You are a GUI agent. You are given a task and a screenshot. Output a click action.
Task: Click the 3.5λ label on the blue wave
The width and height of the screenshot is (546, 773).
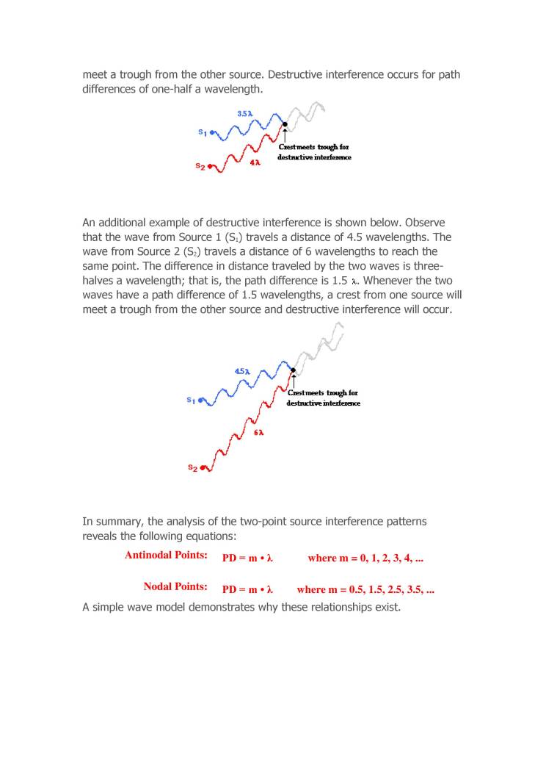(x=245, y=114)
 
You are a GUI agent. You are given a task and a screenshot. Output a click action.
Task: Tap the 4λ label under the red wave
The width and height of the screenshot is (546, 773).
(x=255, y=162)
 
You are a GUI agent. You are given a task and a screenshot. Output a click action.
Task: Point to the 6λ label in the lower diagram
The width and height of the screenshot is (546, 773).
(x=258, y=432)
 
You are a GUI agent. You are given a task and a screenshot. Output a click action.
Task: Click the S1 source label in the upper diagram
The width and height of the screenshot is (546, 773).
(x=203, y=132)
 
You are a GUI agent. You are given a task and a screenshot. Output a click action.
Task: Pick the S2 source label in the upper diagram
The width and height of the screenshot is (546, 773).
(x=200, y=166)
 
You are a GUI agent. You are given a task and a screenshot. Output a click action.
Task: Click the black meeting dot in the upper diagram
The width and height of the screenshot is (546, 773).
(x=285, y=124)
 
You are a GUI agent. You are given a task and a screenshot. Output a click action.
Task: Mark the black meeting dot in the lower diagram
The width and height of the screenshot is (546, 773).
(x=293, y=370)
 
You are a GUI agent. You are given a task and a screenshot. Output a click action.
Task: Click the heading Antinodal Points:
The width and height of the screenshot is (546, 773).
(x=166, y=555)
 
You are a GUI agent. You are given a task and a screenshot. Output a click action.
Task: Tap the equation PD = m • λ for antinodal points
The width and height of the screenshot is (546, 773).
(x=247, y=558)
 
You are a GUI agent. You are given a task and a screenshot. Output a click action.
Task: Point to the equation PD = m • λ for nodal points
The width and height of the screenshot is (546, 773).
(x=247, y=590)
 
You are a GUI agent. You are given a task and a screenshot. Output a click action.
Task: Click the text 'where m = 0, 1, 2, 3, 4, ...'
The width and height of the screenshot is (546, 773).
(x=365, y=558)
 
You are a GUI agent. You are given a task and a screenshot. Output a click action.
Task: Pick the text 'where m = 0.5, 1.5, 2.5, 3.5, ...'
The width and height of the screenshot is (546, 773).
(x=365, y=590)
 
